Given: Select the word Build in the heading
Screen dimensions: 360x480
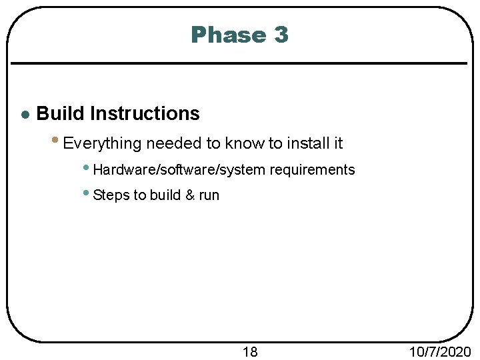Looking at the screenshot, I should point(61,114).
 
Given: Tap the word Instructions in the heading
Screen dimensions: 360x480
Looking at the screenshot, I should point(145,114).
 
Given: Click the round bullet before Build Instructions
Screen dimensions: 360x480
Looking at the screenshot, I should point(25,115).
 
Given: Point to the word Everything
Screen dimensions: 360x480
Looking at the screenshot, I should point(103,143).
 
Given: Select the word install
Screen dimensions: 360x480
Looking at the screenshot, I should point(307,143).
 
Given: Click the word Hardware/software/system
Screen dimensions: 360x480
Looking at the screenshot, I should point(179,170).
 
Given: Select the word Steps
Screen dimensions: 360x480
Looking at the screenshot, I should point(111,195).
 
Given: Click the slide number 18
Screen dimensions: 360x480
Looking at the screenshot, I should point(249,351).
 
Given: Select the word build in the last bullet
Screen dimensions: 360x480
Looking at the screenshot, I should point(164,195).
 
